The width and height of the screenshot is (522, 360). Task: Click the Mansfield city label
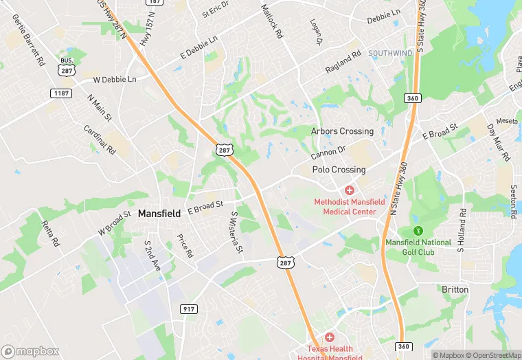159,214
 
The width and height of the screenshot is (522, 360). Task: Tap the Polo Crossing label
339,170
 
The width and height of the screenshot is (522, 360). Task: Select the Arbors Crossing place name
342,131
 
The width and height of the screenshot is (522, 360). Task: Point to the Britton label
455,290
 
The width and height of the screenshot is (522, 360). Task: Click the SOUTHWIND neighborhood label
390,53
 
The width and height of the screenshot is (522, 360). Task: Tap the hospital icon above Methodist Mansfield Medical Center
349,189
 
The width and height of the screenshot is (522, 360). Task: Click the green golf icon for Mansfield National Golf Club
417,230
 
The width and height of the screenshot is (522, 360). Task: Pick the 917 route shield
189,309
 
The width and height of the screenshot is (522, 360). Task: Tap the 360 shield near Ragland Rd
411,98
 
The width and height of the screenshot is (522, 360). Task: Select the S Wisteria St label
236,232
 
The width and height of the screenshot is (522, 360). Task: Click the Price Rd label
185,247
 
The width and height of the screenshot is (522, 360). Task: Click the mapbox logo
30,351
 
